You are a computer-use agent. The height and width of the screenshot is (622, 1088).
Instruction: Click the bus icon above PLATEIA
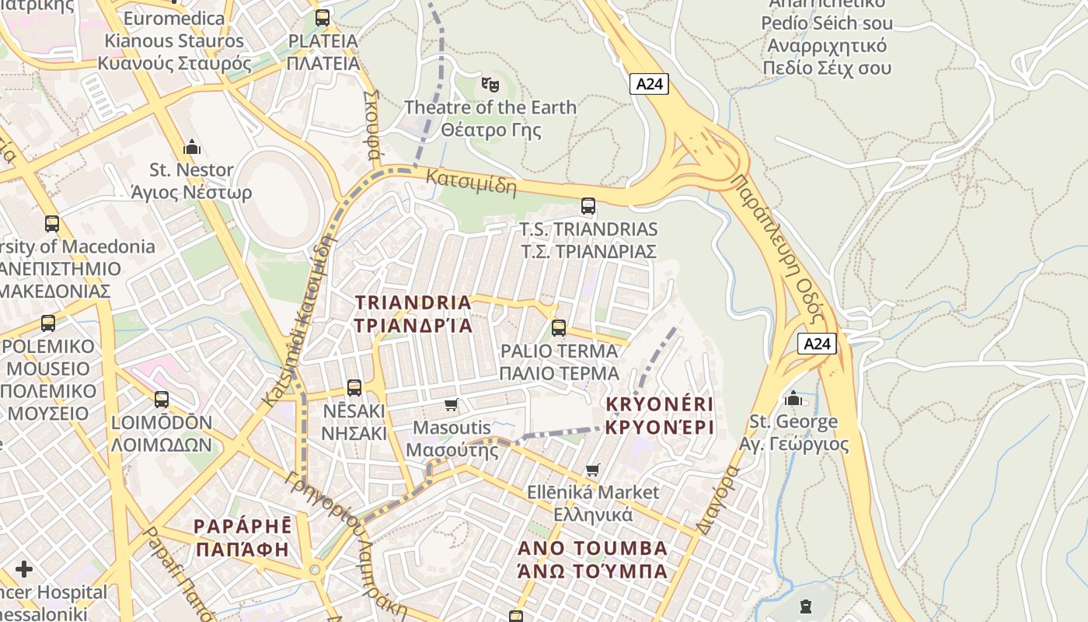(x=322, y=17)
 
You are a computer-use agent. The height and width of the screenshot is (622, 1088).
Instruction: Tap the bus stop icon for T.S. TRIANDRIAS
(x=588, y=206)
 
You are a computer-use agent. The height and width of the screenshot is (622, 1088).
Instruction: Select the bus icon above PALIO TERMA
(x=558, y=328)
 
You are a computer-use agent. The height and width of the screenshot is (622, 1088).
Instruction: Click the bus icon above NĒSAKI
(x=354, y=387)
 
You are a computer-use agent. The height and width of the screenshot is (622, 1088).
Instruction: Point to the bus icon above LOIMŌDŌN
(x=162, y=400)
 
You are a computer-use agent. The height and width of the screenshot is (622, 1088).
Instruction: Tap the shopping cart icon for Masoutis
(x=451, y=404)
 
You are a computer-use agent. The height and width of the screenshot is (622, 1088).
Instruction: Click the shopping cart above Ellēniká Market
(x=592, y=470)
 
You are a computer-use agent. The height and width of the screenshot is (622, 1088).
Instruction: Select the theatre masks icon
(x=490, y=83)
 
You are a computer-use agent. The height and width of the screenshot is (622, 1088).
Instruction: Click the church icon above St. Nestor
(x=191, y=147)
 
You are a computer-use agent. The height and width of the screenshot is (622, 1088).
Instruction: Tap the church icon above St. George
(x=793, y=399)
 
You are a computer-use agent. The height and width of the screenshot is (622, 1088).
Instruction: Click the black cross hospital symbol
(x=24, y=569)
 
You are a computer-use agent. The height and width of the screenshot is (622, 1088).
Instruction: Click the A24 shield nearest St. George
(x=817, y=344)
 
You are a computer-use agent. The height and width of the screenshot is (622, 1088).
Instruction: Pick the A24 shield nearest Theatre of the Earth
(x=649, y=84)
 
